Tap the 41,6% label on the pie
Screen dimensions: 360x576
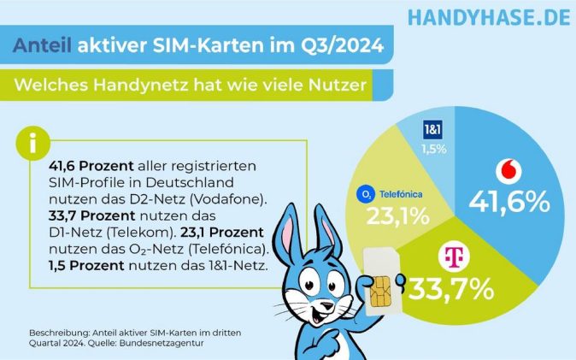(508, 202)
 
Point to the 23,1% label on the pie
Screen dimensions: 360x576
(397, 216)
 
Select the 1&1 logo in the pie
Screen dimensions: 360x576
(432, 132)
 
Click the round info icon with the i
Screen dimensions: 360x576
(32, 143)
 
